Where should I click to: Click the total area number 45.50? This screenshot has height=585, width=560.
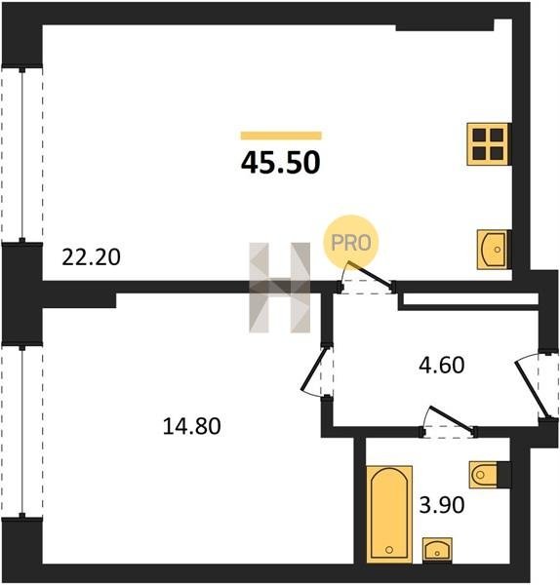(281, 163)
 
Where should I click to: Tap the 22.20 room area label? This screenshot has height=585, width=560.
(91, 257)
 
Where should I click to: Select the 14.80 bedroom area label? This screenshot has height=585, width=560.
(192, 426)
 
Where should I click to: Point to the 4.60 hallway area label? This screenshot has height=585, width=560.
(442, 365)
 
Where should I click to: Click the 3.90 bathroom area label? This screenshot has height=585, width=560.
(442, 505)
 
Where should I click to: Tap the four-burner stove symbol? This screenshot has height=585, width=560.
(489, 144)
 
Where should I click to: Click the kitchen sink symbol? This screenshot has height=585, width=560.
(494, 249)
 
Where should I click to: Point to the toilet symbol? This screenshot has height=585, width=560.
(484, 475)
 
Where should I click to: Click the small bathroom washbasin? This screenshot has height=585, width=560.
(437, 550)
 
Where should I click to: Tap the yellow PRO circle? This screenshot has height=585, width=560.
(351, 243)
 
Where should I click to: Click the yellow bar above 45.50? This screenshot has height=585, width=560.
(281, 136)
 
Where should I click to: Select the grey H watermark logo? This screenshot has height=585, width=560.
(280, 288)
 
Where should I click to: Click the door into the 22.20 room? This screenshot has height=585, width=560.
(368, 278)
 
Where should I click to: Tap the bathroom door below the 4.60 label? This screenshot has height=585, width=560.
(450, 421)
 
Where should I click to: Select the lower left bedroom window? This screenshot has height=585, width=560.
(22, 431)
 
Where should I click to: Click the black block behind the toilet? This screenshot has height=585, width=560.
(504, 475)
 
